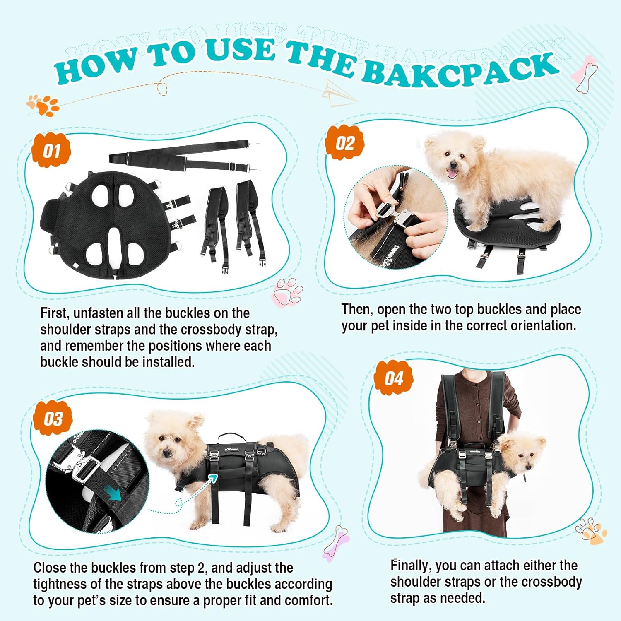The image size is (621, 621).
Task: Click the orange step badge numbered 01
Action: [51, 150]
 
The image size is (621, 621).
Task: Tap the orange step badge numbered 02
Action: [345, 142]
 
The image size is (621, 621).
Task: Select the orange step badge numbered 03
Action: [53, 418]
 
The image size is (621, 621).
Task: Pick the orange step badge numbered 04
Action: [393, 378]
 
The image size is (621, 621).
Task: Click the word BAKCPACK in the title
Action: [460, 70]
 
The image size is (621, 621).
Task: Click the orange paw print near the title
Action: [43, 106]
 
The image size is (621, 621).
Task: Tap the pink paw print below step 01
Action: [287, 292]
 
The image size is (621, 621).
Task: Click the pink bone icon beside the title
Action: [584, 75]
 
